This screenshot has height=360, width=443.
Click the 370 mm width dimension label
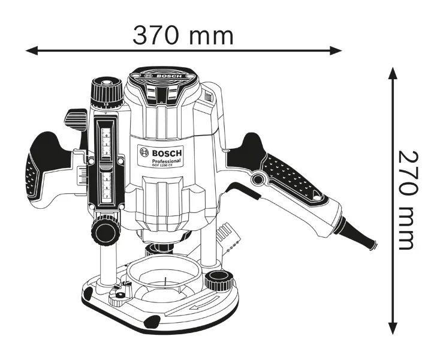[183, 36]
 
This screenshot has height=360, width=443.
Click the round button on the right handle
[259, 179]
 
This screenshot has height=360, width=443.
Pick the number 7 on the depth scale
[107, 196]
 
